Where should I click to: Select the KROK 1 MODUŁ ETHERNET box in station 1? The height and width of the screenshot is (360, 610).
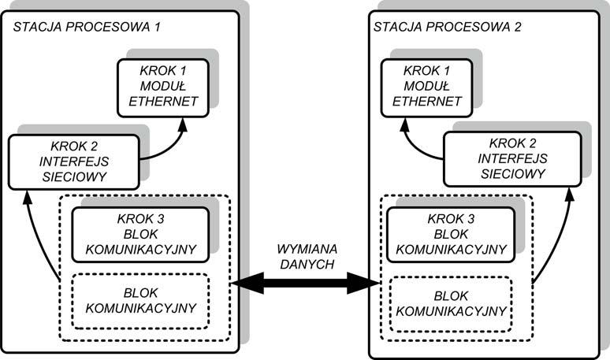(x=163, y=86)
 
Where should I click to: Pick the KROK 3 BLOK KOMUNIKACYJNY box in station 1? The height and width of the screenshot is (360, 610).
(x=143, y=235)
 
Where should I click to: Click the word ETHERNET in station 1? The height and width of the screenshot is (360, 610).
(x=163, y=101)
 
